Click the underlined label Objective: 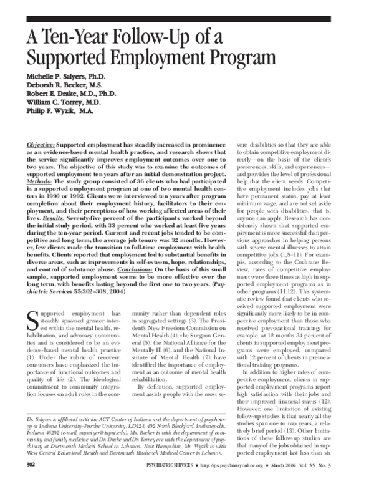[x=41, y=144]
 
